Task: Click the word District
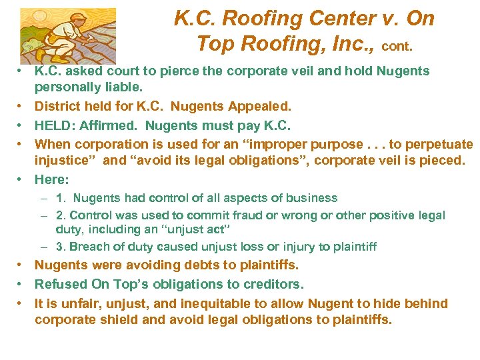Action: pos(58,106)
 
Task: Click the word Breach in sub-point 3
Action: pos(89,247)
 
